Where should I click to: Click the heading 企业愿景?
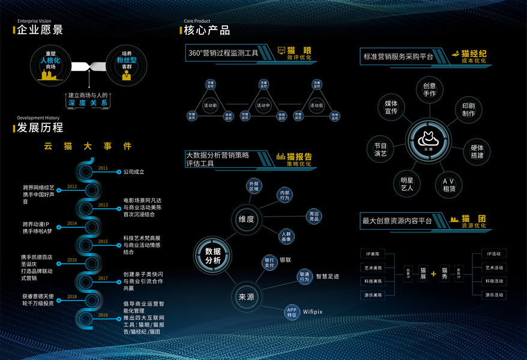point(40,30)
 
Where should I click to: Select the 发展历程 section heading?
point(40,127)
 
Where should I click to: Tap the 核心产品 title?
point(207,30)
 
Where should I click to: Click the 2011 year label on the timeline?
point(103,168)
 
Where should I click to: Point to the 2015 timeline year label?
point(103,241)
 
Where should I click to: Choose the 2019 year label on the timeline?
point(103,314)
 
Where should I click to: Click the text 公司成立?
point(134,172)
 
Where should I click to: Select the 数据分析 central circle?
point(213,256)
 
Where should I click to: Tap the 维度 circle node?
point(247,219)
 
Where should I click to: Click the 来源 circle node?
point(247,296)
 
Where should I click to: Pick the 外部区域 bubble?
point(254,186)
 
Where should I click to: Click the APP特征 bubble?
point(292,311)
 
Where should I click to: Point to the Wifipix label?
point(313,312)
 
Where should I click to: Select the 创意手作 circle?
point(430,89)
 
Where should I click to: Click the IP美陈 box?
point(372,254)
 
